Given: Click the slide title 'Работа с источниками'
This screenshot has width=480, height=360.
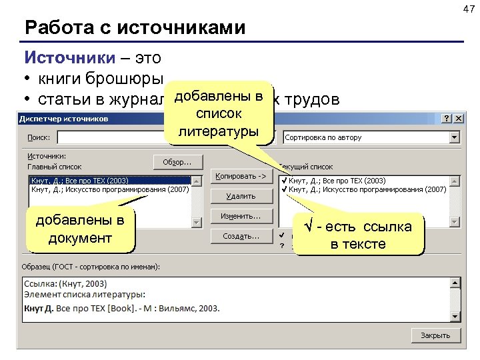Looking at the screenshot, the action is tap(135, 28).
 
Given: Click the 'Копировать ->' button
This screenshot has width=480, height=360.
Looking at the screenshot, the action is tap(241, 177).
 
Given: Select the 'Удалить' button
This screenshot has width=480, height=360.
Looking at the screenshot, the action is tap(241, 196).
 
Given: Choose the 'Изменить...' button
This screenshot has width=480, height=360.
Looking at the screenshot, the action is tap(241, 216).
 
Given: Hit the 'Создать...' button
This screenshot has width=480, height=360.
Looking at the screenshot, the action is tap(241, 236).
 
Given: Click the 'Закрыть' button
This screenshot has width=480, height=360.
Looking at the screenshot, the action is tap(435, 335).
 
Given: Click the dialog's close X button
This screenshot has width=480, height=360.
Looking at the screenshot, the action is tap(458, 118).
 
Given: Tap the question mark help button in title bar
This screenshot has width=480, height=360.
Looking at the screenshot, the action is tap(446, 118).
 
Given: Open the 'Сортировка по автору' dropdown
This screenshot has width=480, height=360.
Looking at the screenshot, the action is tap(455, 137).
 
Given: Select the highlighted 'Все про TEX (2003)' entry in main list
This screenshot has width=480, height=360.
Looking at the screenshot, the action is tap(80, 181).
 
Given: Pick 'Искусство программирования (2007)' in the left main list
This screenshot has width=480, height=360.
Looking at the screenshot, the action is tap(110, 189).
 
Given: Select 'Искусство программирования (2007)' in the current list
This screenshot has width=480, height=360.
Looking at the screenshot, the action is tap(367, 189).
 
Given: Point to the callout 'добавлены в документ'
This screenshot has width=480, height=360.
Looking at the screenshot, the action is tap(79, 229).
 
